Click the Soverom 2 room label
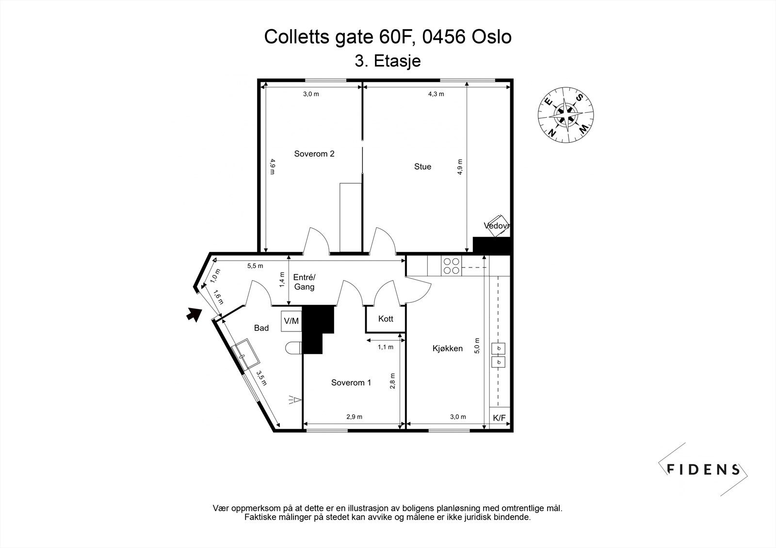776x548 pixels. [x=314, y=154]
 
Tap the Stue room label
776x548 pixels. [x=422, y=167]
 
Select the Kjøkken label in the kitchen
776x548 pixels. [x=447, y=348]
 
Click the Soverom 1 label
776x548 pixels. [x=351, y=383]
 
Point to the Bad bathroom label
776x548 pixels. [x=261, y=328]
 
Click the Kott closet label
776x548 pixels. [x=386, y=319]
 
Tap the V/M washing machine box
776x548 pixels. [x=291, y=321]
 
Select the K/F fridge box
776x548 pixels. [x=499, y=418]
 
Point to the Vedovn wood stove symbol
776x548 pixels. [x=497, y=226]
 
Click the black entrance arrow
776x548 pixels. [x=194, y=314]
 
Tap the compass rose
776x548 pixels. [x=566, y=114]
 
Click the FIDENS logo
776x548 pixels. [x=703, y=469]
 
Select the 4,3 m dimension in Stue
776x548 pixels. [x=436, y=94]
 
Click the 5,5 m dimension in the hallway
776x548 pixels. [x=255, y=266]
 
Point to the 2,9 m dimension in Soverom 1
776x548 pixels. [x=354, y=417]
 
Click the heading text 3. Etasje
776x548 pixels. [x=388, y=62]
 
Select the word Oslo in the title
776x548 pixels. [x=491, y=37]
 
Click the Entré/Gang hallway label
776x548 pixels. [x=304, y=282]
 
